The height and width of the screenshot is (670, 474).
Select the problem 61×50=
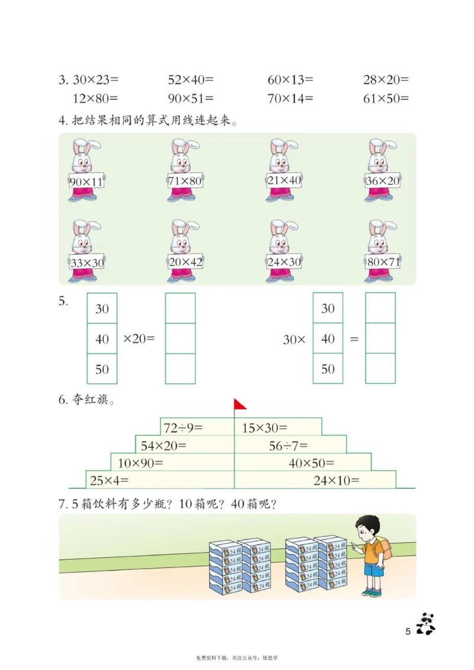pyautogui.click(x=386, y=98)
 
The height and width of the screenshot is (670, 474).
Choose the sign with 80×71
pyautogui.click(x=383, y=260)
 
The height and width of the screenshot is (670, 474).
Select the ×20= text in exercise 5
pyautogui.click(x=139, y=339)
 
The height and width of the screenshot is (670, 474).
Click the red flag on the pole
pyautogui.click(x=240, y=404)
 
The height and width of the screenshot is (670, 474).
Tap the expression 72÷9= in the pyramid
pyautogui.click(x=183, y=427)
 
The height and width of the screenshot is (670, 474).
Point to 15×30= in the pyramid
pyautogui.click(x=265, y=427)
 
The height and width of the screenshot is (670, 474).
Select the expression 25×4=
pyautogui.click(x=108, y=480)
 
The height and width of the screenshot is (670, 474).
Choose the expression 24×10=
pyautogui.click(x=337, y=480)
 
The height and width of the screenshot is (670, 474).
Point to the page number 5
pyautogui.click(x=408, y=631)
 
